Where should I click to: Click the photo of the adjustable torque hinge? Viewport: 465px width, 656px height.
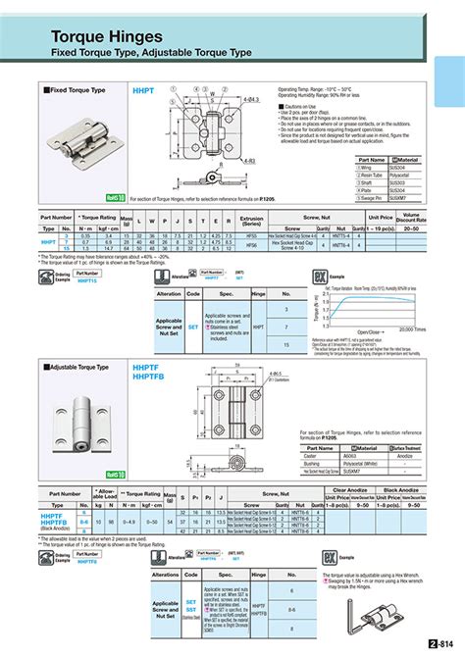click(83, 410)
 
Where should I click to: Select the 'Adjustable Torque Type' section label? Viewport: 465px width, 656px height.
click(82, 366)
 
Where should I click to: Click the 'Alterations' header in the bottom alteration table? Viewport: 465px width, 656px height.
click(165, 576)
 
